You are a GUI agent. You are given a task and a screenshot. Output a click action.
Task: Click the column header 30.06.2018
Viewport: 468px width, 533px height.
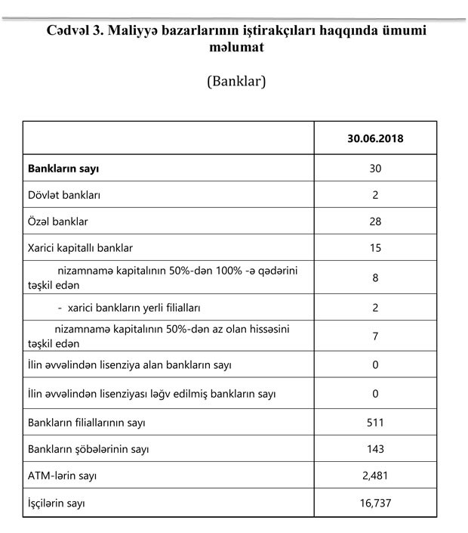coord(375,139)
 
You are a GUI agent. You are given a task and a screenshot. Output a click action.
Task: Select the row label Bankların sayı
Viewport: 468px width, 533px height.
coord(63,168)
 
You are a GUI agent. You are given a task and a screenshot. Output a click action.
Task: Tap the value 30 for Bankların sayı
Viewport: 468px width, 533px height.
coord(375,168)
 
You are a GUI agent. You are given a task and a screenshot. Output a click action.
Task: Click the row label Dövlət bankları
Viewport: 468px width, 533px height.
coord(64,195)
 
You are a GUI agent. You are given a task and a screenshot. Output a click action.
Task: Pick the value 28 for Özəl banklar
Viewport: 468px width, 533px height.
coord(375,222)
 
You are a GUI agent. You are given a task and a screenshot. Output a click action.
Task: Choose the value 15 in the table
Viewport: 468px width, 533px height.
coord(375,248)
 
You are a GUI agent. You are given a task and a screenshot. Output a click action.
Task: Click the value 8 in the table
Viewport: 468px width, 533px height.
coord(375,277)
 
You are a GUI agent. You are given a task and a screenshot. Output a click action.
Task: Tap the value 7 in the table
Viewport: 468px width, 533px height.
coord(375,336)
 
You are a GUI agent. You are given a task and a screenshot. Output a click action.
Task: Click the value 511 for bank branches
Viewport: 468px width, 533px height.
coord(375,422)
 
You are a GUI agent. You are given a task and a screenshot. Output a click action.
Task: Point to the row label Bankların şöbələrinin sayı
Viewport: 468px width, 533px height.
coord(88,449)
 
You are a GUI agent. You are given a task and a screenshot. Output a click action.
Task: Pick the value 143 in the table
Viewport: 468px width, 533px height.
coord(375,449)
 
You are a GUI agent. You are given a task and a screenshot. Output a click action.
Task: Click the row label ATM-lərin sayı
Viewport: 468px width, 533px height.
coord(62,476)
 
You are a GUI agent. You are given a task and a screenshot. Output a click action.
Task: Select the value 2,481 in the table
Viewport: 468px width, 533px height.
coord(375,476)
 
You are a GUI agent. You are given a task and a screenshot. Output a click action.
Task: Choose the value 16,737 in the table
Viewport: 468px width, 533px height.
coord(375,502)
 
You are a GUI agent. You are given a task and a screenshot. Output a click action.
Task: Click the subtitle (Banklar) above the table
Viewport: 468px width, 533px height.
coord(236,81)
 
